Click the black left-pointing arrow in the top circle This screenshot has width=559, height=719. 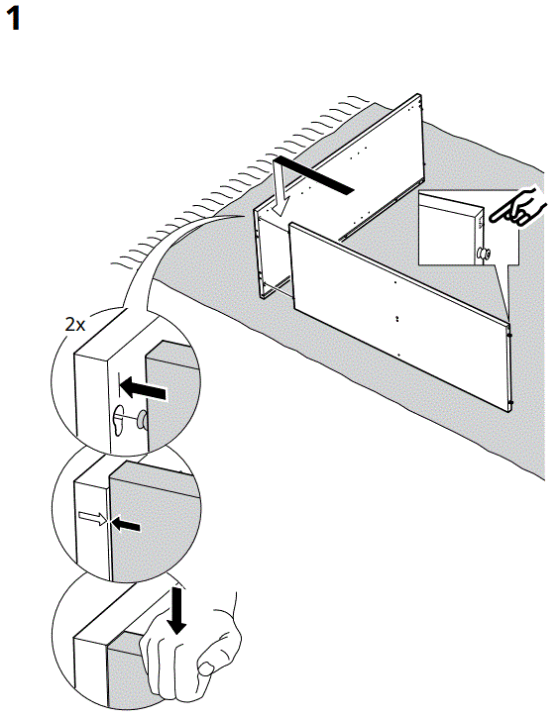click(143, 393)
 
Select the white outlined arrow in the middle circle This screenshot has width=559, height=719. click(92, 516)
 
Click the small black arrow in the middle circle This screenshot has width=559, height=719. click(126, 525)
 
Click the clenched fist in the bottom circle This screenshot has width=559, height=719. click(188, 659)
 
